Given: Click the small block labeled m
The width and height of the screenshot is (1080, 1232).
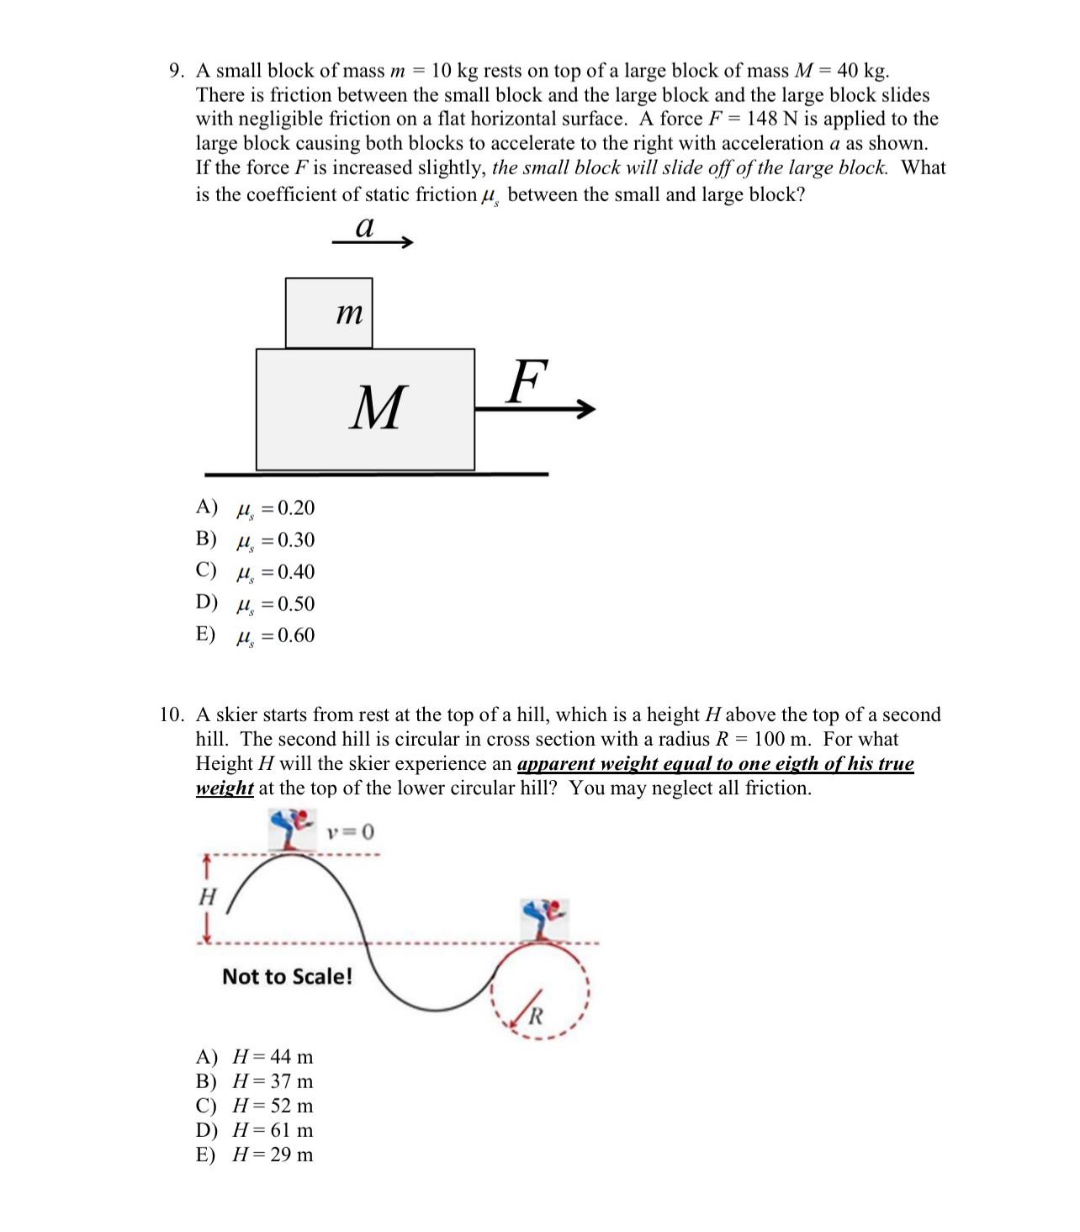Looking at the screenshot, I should click(x=329, y=313).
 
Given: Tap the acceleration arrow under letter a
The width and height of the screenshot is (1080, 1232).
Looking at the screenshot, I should click(x=373, y=242).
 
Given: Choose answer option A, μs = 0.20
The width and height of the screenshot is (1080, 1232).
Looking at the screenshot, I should click(x=256, y=508).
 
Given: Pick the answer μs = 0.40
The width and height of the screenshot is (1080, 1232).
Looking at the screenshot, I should click(x=256, y=572).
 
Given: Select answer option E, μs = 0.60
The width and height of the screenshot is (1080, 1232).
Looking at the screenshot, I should click(x=256, y=635).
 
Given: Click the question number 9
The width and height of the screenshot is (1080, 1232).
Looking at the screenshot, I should click(x=177, y=71).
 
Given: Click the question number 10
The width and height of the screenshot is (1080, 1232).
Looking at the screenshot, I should click(x=172, y=714).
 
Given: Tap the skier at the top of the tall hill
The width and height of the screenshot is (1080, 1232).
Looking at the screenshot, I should click(x=291, y=829).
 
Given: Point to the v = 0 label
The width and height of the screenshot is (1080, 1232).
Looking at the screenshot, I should click(x=351, y=832).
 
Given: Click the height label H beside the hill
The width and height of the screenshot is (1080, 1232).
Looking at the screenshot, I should click(x=207, y=897).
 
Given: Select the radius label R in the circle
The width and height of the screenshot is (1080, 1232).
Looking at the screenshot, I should click(x=536, y=1016).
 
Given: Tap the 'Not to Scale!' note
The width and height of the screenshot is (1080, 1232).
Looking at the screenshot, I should click(x=287, y=976).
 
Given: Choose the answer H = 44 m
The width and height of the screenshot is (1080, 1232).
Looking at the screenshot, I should click(x=255, y=1057).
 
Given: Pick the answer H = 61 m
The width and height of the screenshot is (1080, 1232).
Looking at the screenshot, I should click(x=255, y=1130).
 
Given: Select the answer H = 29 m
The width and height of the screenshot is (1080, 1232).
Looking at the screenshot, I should click(x=255, y=1155).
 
